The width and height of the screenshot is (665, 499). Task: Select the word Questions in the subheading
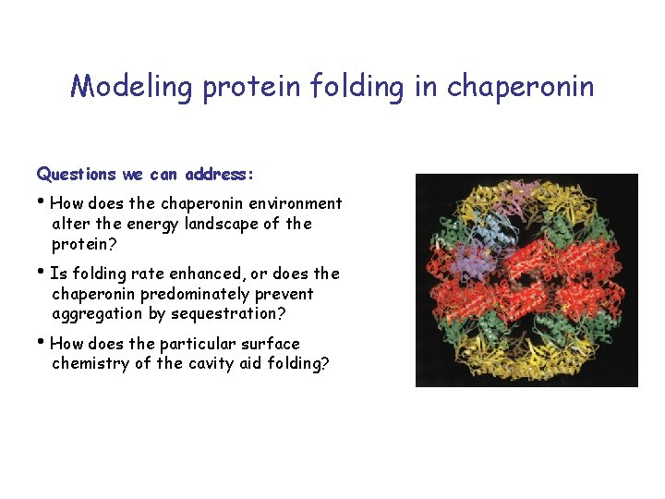click(x=77, y=174)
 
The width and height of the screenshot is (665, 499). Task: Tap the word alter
click(x=70, y=224)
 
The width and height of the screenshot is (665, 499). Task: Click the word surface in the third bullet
click(x=270, y=344)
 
